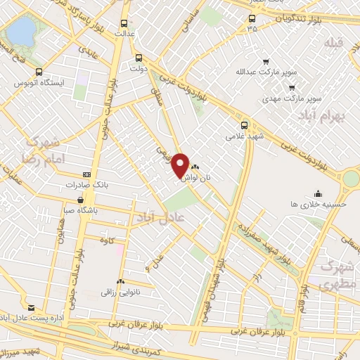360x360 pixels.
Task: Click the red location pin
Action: pos(180,165)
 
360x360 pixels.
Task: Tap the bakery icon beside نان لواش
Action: pos(195,167)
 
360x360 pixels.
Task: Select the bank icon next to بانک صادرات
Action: pos(87,174)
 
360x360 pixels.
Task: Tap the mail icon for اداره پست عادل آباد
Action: pos(31,308)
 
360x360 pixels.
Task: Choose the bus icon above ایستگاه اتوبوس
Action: pos(38,72)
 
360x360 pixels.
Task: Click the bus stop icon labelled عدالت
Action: pos(125,22)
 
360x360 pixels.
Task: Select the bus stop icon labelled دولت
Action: pos(139,58)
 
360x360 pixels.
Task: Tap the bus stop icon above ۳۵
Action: pos(252,19)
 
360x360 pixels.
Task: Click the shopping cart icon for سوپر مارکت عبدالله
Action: pos(264,61)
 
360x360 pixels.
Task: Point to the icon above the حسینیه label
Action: pos(318,193)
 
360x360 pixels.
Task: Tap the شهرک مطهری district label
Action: pos(335,276)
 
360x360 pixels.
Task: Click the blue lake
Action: pos(22,30)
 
